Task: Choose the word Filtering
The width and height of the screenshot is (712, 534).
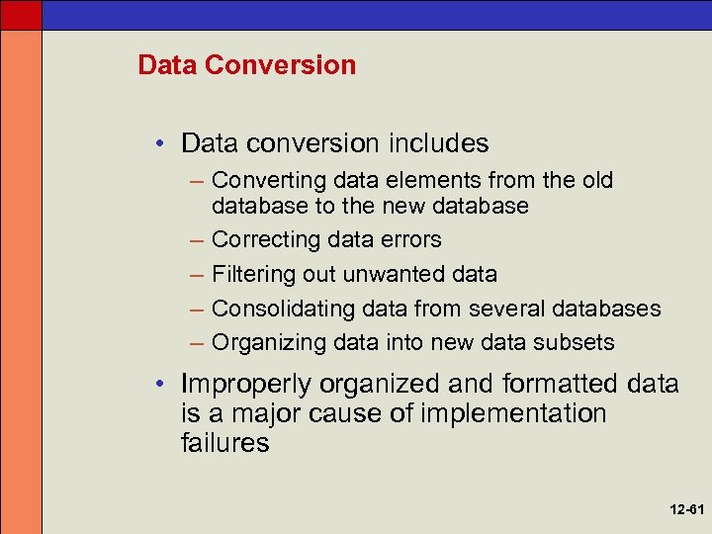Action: click(249, 275)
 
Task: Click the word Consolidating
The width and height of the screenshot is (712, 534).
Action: click(283, 309)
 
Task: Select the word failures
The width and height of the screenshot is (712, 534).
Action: click(224, 443)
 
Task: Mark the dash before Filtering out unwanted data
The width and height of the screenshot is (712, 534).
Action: click(195, 275)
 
